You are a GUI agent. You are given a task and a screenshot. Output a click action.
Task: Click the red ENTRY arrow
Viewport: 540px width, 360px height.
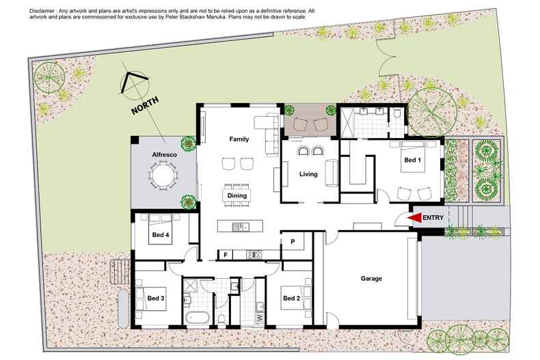click(x=414, y=218)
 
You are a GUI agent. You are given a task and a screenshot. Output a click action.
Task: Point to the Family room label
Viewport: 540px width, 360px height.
click(x=239, y=139)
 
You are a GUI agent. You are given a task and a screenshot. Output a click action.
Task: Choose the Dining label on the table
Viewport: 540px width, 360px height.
click(x=237, y=195)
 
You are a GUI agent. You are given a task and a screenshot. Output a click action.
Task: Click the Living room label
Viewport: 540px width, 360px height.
click(x=308, y=174)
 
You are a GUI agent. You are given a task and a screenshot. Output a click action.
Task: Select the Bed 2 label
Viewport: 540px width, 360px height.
click(x=291, y=298)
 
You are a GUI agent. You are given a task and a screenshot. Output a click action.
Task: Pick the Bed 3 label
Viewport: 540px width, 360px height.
click(x=155, y=298)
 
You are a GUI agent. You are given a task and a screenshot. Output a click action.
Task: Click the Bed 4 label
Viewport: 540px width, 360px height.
click(x=161, y=235)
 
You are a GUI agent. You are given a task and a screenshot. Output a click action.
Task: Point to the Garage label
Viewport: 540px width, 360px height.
click(x=371, y=279)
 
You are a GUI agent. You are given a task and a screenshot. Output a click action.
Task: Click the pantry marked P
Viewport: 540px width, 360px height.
click(x=292, y=242)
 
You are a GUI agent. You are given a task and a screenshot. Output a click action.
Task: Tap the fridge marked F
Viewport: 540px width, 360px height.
click(x=224, y=255)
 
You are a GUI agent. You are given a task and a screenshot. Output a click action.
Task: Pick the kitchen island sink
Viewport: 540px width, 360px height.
click(x=239, y=226)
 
